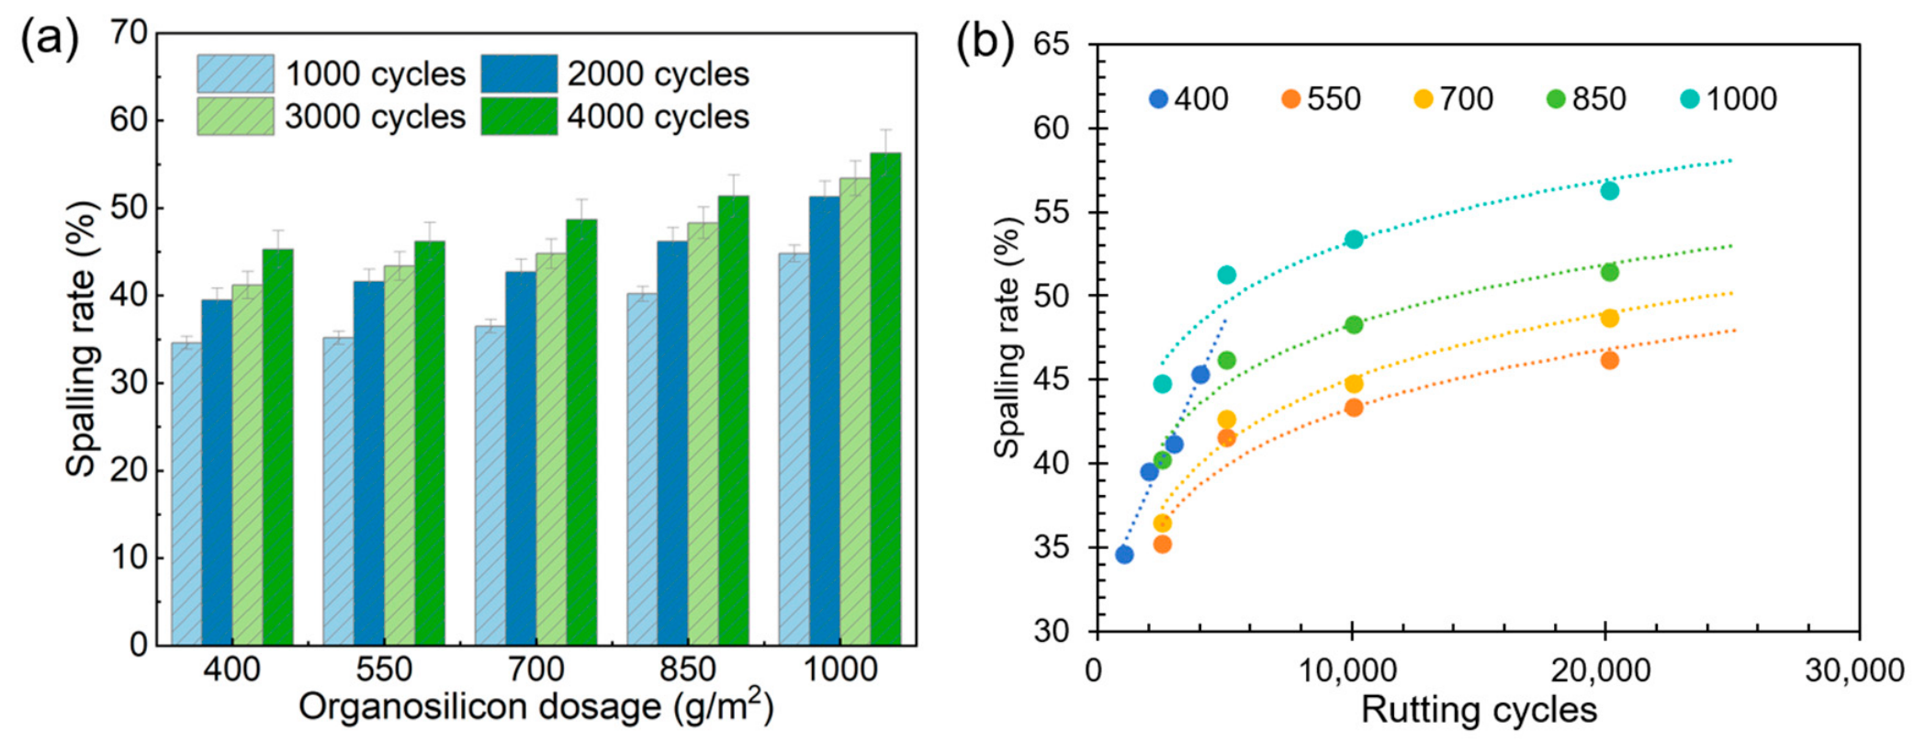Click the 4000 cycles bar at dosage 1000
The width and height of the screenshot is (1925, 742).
(x=885, y=399)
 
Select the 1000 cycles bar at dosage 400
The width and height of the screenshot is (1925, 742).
(x=186, y=494)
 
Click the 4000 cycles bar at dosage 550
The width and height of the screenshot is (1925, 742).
(x=430, y=443)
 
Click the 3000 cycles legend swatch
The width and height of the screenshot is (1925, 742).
(x=235, y=117)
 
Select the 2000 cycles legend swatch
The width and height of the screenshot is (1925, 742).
(x=519, y=73)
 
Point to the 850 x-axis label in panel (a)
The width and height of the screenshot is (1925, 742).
(x=688, y=669)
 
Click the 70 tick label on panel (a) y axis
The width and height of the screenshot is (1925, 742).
(x=129, y=32)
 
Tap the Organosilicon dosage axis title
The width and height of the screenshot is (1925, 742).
(x=536, y=707)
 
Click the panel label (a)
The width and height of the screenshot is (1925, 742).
(x=50, y=39)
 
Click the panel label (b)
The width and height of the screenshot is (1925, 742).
(x=985, y=42)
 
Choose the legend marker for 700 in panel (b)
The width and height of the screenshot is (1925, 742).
(x=1424, y=98)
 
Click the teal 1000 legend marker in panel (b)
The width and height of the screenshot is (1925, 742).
(x=1690, y=98)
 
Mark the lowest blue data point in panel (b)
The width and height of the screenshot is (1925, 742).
(x=1124, y=555)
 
